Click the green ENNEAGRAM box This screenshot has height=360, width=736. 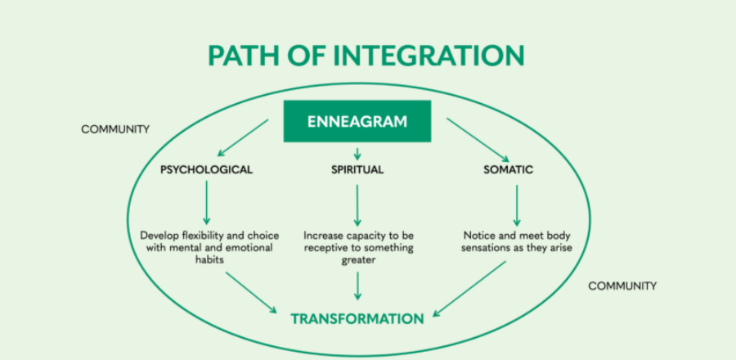[357, 122]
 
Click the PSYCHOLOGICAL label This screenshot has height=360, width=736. [206, 170]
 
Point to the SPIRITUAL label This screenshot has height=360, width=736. [357, 170]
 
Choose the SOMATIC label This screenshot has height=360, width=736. [508, 170]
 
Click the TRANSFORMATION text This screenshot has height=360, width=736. [357, 318]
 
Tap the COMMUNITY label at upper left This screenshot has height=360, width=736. [115, 129]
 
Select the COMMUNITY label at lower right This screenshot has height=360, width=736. [622, 286]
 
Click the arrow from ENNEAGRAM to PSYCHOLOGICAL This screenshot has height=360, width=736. [242, 137]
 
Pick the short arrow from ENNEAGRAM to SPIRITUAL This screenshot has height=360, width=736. [357, 153]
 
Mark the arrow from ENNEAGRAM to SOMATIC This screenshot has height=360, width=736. [475, 137]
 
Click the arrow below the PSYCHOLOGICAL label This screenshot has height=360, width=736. [206, 203]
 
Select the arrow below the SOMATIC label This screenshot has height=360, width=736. [516, 205]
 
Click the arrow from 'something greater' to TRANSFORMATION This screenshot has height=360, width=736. [357, 284]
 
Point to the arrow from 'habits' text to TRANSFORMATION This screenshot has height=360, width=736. [251, 291]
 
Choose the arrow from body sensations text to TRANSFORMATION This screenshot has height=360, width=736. [470, 288]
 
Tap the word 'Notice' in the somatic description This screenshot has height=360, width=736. [479, 235]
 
